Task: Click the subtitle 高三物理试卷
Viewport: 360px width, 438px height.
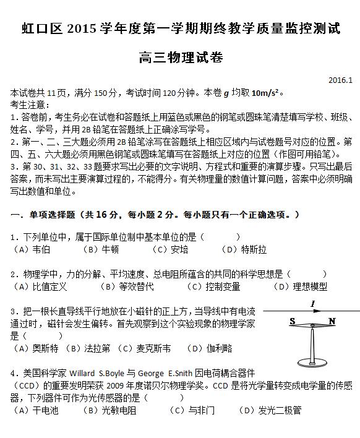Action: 180,58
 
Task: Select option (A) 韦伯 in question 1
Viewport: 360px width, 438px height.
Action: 32,249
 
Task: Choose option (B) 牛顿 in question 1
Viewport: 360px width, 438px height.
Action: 101,249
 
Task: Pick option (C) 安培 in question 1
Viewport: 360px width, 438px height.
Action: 170,249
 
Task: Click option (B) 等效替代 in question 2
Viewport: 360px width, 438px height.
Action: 127,286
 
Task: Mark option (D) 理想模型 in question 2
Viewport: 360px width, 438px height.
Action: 301,286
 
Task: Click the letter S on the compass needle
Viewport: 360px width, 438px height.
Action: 292,322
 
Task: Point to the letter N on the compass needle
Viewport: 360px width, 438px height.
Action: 332,322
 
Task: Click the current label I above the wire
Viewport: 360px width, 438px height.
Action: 313,303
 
